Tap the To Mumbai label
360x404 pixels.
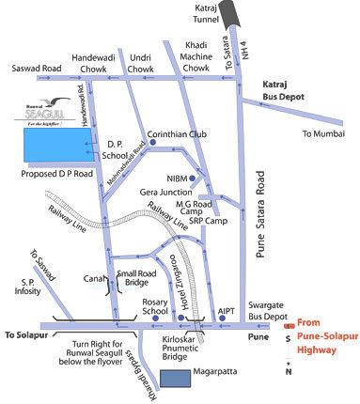click(321, 134)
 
